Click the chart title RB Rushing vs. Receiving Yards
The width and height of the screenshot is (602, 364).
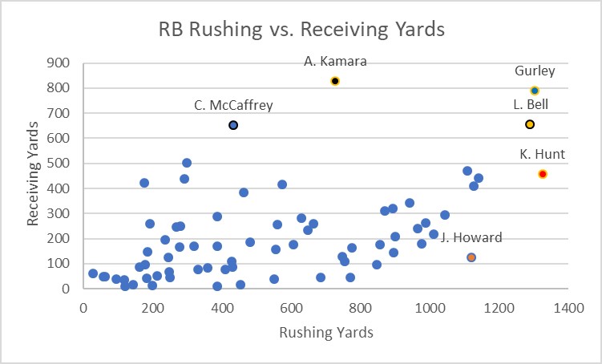pyautogui.click(x=301, y=30)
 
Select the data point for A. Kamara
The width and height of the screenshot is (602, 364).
pyautogui.click(x=335, y=81)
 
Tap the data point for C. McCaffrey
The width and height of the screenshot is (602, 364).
pyautogui.click(x=233, y=125)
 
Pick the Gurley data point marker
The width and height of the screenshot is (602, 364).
pyautogui.click(x=535, y=91)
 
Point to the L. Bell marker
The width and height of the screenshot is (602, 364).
pyautogui.click(x=530, y=124)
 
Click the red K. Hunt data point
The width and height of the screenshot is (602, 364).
pyautogui.click(x=543, y=174)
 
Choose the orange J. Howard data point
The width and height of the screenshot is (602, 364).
pyautogui.click(x=471, y=257)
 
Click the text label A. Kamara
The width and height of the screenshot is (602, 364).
pyautogui.click(x=334, y=61)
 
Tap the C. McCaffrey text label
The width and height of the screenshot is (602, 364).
pyautogui.click(x=233, y=104)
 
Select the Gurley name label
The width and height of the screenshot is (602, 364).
pyautogui.click(x=535, y=71)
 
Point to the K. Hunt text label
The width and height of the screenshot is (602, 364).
pyautogui.click(x=543, y=154)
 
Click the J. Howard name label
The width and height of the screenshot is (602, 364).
pyautogui.click(x=472, y=237)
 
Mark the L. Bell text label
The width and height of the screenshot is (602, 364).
pyautogui.click(x=530, y=104)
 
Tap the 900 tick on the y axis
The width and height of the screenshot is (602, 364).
pyautogui.click(x=59, y=63)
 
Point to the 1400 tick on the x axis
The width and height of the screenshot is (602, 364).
pyautogui.click(x=570, y=306)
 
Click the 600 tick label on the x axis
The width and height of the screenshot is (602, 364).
pyautogui.click(x=292, y=306)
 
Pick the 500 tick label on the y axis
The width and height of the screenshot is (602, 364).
pyautogui.click(x=59, y=164)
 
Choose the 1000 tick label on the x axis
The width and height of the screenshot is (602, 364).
pyautogui.click(x=430, y=306)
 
